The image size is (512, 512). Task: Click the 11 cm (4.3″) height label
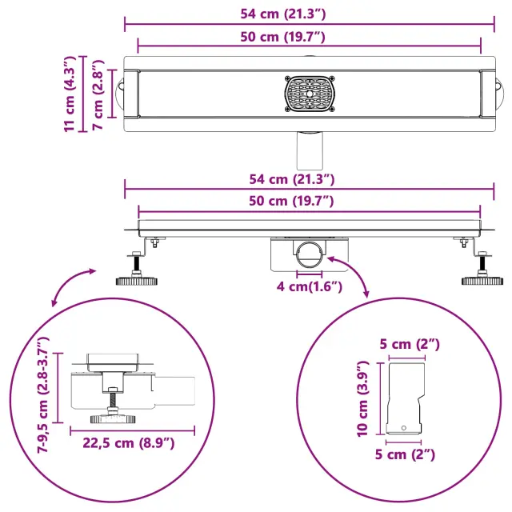(70, 94)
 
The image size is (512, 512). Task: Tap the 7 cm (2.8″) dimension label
(98, 95)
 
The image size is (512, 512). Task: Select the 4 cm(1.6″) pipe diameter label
(310, 286)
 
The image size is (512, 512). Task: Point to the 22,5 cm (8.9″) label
(129, 443)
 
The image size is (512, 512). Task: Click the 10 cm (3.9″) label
(362, 398)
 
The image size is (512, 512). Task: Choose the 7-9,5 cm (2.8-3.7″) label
(42, 394)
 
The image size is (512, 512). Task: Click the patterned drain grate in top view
(310, 94)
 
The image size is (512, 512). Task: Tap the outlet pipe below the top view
(310, 150)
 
